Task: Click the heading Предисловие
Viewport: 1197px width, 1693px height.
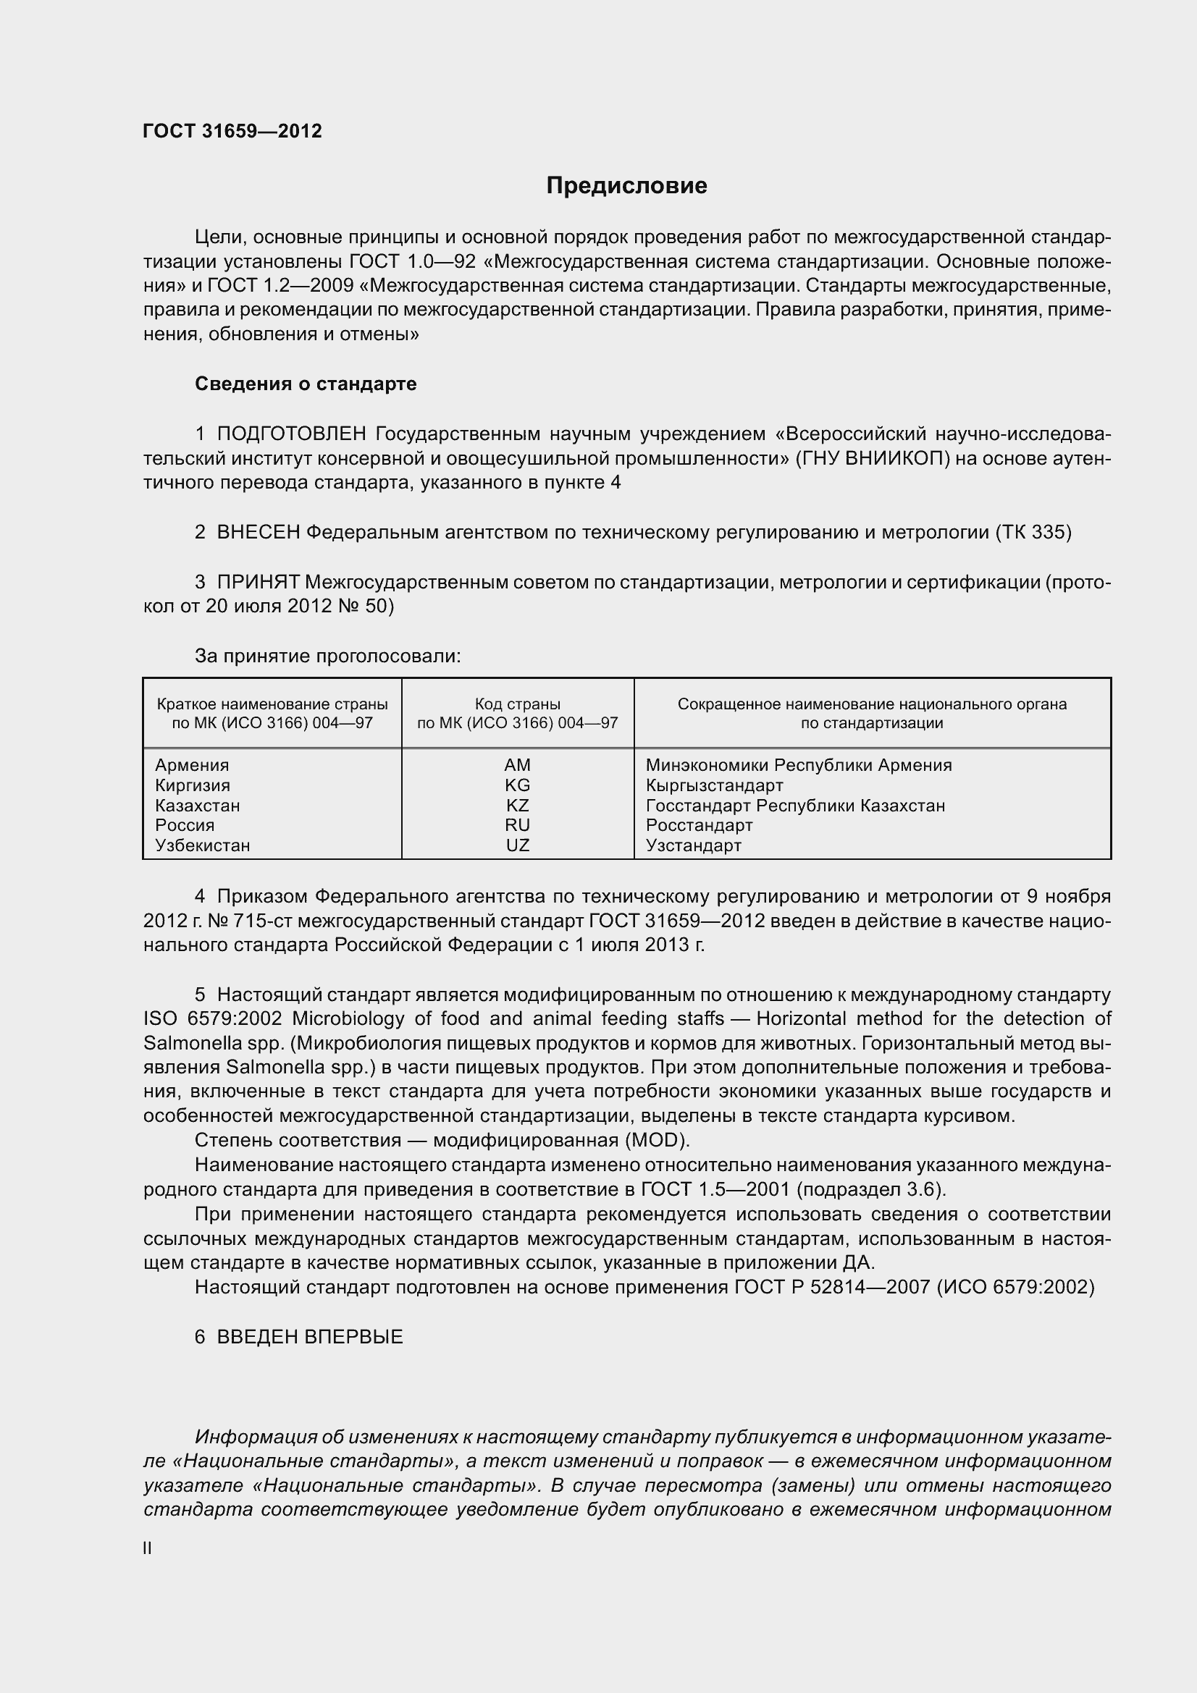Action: (626, 186)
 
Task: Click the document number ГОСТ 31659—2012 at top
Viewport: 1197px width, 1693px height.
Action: (232, 131)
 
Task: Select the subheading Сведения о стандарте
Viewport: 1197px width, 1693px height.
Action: (306, 384)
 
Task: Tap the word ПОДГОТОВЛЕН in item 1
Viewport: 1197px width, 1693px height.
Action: (293, 434)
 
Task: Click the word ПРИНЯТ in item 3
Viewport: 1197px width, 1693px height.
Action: (258, 582)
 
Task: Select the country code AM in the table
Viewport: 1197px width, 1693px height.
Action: (517, 764)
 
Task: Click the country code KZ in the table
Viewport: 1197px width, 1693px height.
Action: (517, 805)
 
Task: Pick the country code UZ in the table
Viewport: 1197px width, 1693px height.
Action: (517, 845)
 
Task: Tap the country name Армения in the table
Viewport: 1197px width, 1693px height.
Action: (192, 764)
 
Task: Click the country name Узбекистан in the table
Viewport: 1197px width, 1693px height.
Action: (202, 845)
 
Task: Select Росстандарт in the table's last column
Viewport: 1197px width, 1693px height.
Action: (699, 825)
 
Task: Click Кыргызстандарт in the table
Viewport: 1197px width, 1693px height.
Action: (714, 785)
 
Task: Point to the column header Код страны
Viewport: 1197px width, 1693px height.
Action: (517, 704)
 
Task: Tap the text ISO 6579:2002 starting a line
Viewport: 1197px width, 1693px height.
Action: (212, 1019)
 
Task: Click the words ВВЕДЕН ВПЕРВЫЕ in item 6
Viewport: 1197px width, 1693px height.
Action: (310, 1337)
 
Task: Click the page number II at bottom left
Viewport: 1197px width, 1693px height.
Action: (148, 1548)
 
